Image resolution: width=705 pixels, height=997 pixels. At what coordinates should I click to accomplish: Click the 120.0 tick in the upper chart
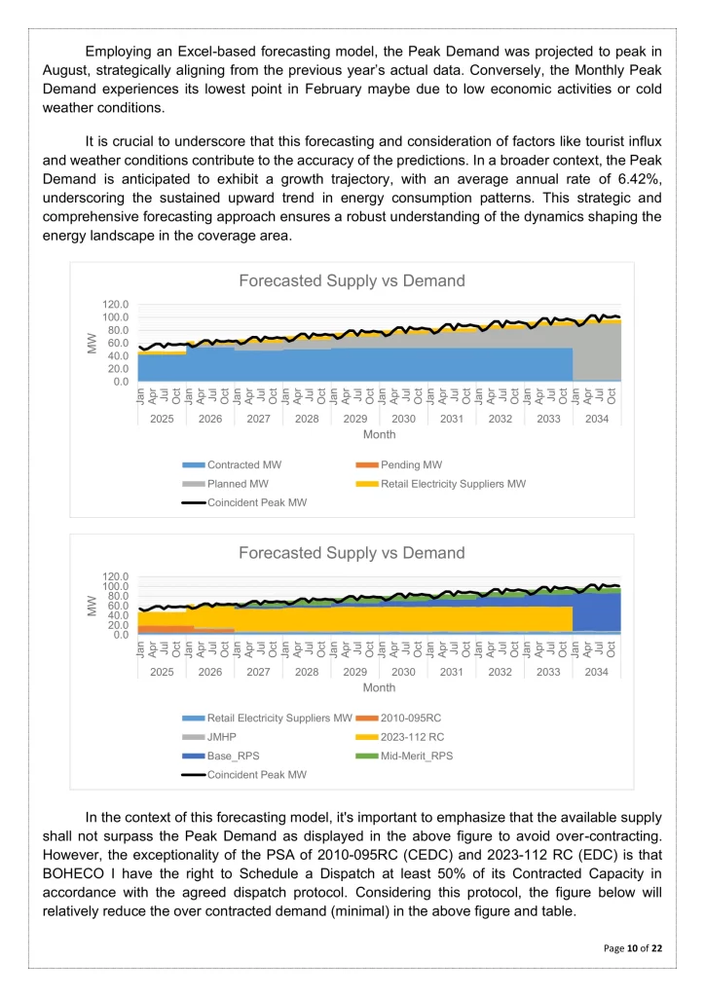click(x=116, y=304)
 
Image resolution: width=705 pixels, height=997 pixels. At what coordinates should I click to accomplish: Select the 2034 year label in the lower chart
click(x=596, y=671)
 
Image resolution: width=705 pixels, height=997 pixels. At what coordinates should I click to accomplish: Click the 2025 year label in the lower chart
click(x=162, y=671)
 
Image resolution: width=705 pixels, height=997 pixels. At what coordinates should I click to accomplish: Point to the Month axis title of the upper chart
click(x=380, y=434)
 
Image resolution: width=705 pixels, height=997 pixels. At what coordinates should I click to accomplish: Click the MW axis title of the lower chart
click(x=93, y=606)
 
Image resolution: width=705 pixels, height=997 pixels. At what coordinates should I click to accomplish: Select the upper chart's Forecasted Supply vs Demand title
click(x=352, y=280)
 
